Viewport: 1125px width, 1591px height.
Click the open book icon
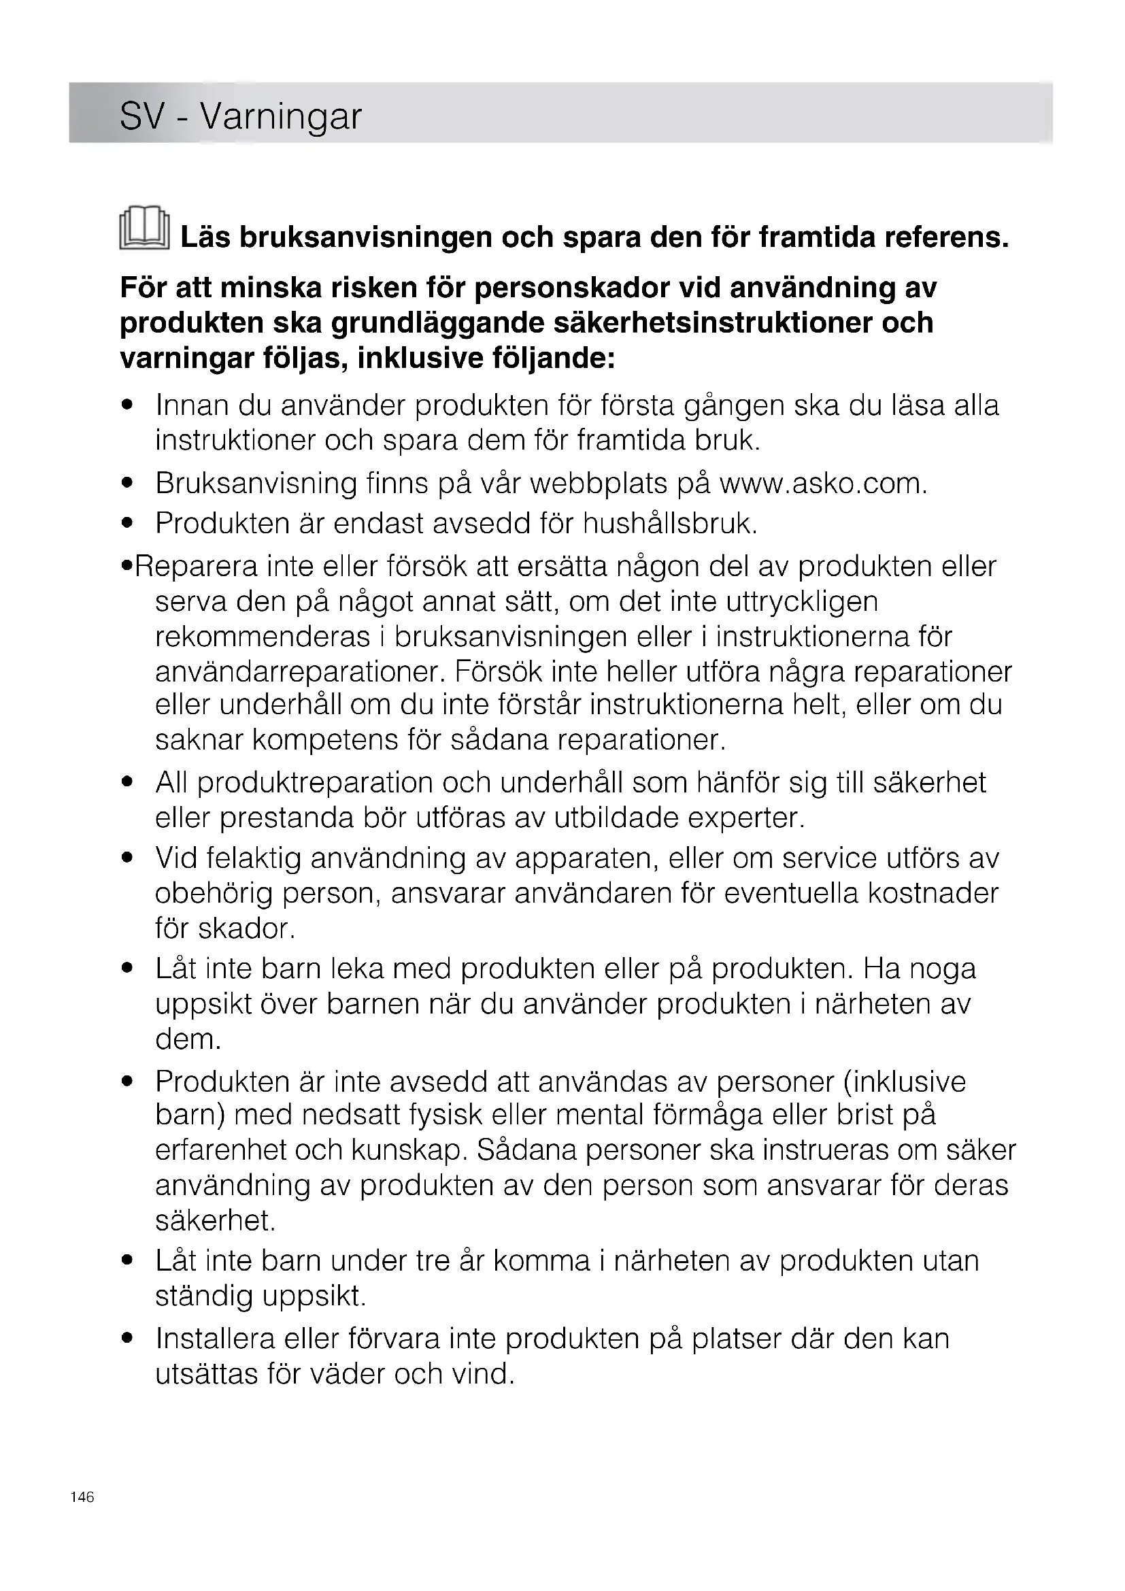pos(144,228)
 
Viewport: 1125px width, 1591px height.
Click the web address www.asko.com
pos(823,484)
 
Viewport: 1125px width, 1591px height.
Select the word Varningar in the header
pos(280,116)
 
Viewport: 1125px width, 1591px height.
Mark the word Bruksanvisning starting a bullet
pos(256,484)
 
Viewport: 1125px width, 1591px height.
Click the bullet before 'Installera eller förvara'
pos(127,1339)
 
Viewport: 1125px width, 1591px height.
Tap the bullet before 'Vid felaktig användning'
pos(127,858)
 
